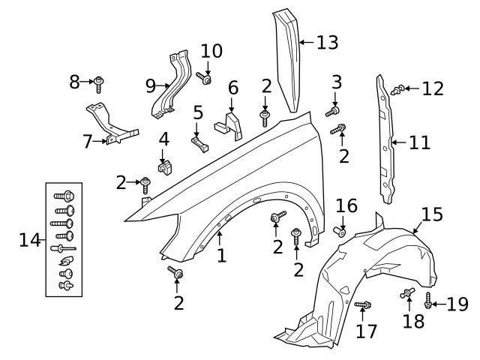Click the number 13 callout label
click(x=327, y=43)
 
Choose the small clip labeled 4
click(x=162, y=160)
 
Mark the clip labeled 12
click(x=400, y=90)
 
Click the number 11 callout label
click(x=419, y=142)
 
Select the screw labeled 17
click(x=364, y=304)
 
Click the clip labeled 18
click(x=408, y=293)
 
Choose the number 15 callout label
click(x=432, y=214)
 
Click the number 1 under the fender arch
click(x=221, y=256)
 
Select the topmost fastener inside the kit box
click(x=62, y=194)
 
